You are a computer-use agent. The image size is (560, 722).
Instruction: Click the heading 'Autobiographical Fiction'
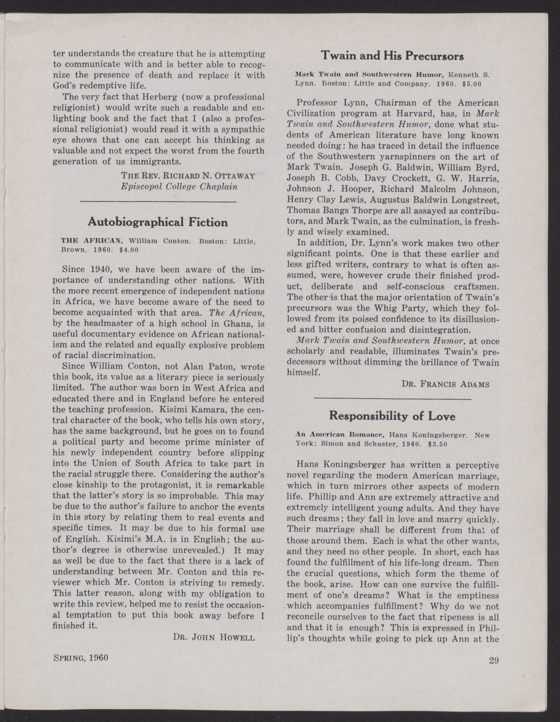(x=158, y=222)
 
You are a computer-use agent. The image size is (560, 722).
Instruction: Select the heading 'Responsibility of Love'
(x=392, y=416)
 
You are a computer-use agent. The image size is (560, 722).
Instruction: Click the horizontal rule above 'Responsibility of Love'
(x=392, y=399)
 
